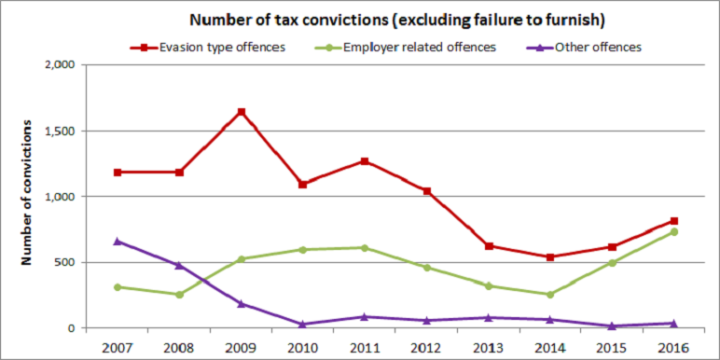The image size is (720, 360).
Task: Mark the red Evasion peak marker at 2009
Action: tap(242, 112)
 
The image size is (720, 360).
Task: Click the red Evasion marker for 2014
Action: tap(550, 257)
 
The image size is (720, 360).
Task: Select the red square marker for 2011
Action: tap(365, 161)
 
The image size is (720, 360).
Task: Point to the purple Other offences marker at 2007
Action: tap(118, 242)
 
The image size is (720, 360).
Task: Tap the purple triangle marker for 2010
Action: tap(303, 324)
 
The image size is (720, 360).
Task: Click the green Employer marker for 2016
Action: tap(673, 232)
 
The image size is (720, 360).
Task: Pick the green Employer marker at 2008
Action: tap(179, 295)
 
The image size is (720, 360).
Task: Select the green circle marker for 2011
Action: tap(365, 248)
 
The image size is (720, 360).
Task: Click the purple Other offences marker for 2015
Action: tap(612, 325)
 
